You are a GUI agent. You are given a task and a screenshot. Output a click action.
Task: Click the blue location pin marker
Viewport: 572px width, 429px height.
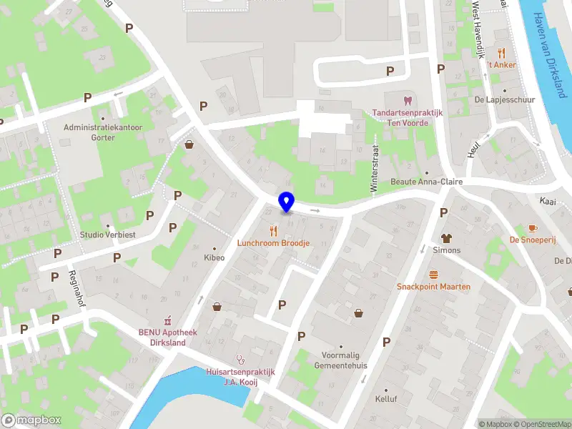(286, 202)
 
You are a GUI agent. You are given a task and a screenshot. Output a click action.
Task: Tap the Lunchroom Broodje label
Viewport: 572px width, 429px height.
(274, 243)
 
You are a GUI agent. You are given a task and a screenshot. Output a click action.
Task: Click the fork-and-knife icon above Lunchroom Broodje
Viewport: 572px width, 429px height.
(272, 230)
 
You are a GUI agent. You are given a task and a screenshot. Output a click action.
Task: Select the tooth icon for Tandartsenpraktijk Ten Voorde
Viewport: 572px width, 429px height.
(408, 101)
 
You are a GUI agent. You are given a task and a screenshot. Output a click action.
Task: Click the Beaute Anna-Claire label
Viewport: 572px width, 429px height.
(426, 182)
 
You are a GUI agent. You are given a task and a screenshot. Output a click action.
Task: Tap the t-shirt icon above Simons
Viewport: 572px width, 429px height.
(447, 238)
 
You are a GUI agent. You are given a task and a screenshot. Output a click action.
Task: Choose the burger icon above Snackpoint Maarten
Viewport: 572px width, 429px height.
(433, 275)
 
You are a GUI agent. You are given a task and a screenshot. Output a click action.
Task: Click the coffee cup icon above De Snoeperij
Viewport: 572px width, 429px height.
(532, 228)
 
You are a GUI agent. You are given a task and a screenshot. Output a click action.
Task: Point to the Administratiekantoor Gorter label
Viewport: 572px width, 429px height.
(104, 132)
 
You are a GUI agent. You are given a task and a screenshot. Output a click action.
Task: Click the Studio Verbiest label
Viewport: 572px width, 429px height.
(108, 235)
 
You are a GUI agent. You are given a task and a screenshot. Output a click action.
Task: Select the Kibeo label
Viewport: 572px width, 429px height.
(214, 257)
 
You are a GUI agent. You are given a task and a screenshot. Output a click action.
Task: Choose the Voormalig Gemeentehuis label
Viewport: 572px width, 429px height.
(341, 360)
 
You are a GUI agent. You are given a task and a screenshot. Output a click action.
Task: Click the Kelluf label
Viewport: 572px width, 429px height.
(385, 399)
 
